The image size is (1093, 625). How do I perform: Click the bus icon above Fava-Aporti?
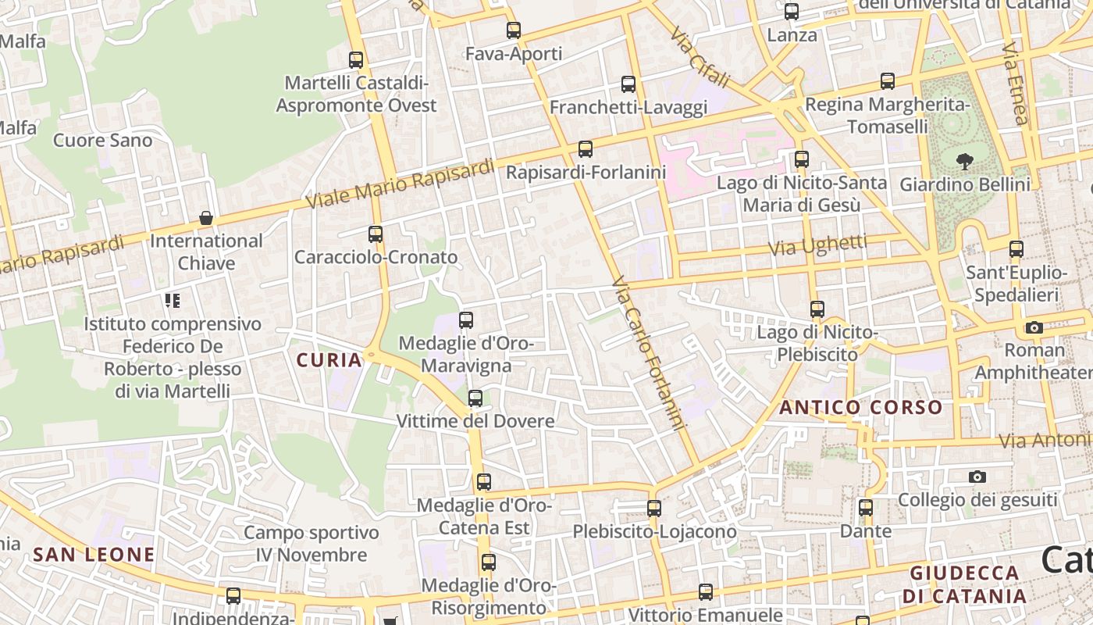513,30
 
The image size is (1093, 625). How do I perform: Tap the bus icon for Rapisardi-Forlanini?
585,148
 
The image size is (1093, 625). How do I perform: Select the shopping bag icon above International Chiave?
206,218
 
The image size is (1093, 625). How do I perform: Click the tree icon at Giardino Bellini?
965,162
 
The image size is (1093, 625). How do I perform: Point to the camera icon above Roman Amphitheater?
1034,327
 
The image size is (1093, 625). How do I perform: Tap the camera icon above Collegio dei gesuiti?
977,477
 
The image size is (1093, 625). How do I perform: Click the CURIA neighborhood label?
329,360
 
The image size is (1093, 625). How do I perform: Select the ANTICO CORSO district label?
861,407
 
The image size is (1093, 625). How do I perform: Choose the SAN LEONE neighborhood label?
94,555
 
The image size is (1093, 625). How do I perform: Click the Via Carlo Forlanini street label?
649,353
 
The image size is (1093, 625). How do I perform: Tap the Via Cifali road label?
700,58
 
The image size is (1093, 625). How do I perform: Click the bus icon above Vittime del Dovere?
475,398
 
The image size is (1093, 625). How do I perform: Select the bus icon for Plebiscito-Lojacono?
653,509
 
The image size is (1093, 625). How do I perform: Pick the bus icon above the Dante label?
865,508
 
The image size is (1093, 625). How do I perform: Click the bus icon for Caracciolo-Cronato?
376,234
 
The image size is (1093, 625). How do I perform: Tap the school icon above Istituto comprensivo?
173,301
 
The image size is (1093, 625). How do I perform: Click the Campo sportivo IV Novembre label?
312,544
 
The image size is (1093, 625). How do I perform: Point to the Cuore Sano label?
102,141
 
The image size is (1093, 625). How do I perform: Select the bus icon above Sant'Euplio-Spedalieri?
1016,249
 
